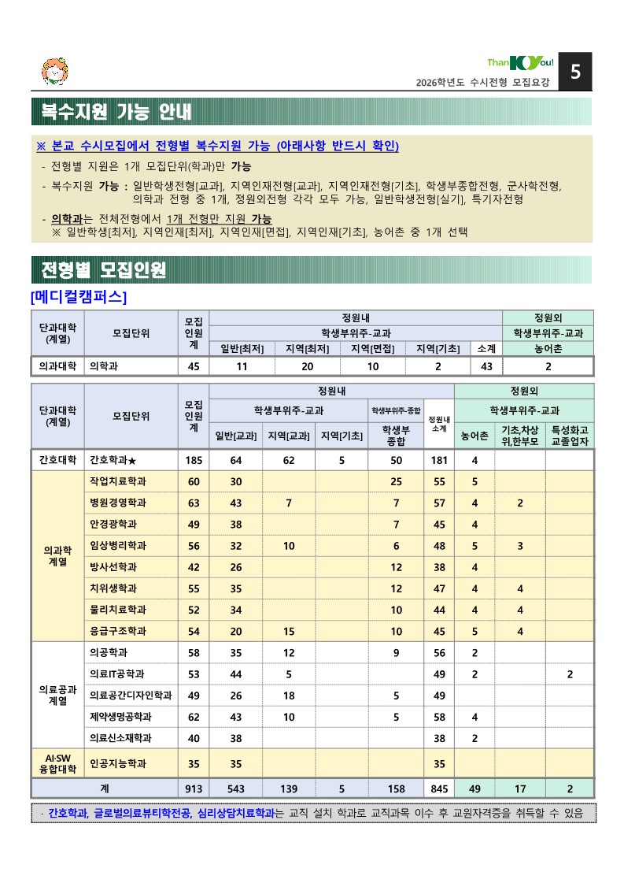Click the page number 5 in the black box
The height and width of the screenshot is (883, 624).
575,72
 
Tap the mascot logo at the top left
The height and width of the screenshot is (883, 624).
54,72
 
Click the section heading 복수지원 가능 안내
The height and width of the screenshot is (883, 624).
116,111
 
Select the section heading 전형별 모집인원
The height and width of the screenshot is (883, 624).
103,270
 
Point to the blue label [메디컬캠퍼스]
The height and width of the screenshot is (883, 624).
79,297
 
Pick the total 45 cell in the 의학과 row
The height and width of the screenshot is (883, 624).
194,366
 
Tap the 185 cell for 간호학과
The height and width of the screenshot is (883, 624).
194,460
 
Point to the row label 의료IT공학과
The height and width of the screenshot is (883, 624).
116,674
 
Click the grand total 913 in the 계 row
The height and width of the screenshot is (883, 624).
194,788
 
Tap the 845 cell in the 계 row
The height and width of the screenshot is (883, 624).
439,788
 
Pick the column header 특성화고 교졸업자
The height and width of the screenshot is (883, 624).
570,436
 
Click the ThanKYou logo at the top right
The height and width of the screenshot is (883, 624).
521,63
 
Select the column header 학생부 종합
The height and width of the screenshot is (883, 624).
396,436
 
